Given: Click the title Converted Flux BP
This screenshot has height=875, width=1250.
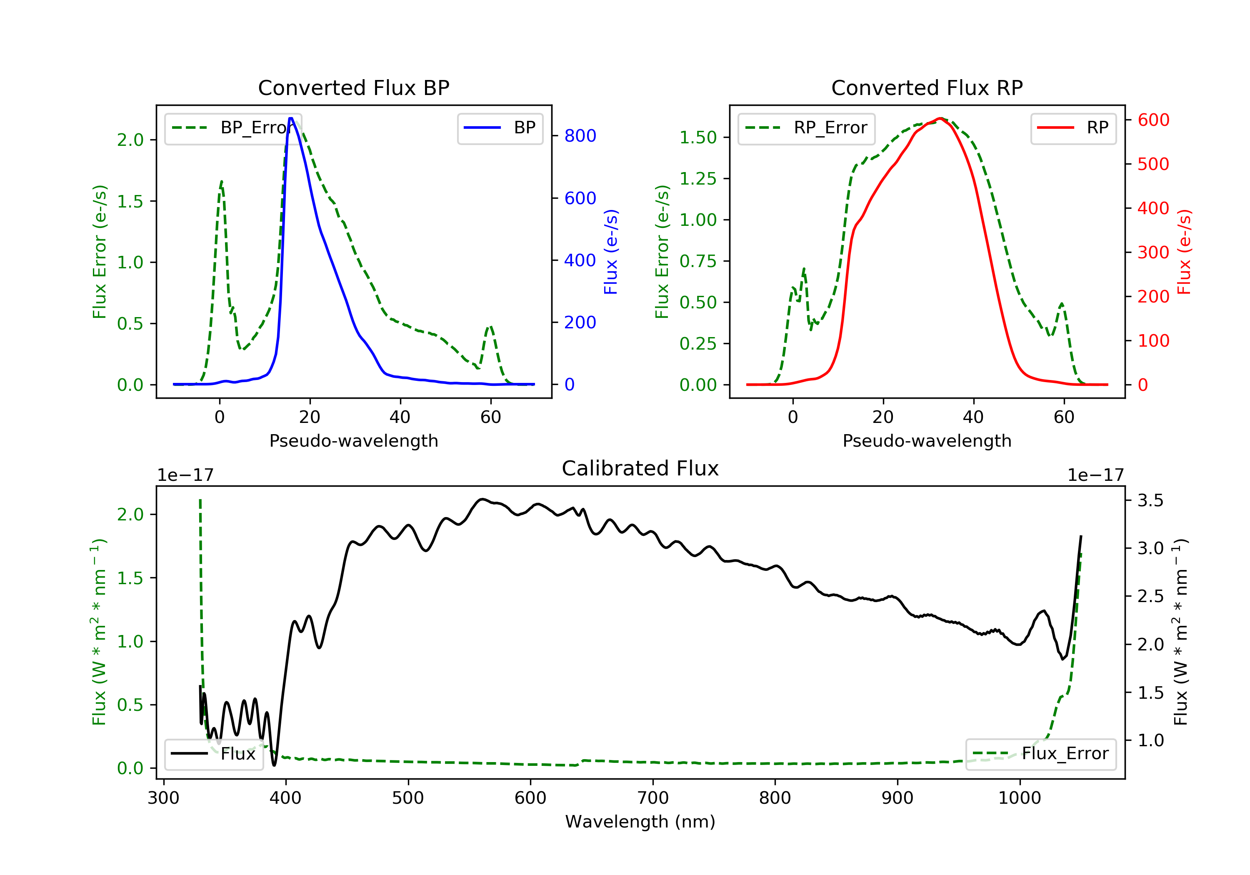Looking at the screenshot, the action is [x=354, y=87].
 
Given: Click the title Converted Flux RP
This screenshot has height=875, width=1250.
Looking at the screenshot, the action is [x=927, y=87].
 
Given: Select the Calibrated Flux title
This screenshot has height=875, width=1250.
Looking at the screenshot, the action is [x=640, y=468].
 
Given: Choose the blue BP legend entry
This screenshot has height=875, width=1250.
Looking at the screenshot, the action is [x=500, y=128].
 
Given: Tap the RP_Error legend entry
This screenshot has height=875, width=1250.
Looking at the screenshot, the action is [x=806, y=128].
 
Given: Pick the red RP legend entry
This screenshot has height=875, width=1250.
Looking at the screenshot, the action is [x=1073, y=128].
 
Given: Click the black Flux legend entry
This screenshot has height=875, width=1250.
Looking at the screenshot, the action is [x=213, y=754].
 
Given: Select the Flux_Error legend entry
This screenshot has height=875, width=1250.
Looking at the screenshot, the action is [x=1040, y=754].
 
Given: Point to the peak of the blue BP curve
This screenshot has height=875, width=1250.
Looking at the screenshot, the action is [x=291, y=118].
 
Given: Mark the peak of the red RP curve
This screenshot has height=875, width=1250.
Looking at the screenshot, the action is [x=940, y=118].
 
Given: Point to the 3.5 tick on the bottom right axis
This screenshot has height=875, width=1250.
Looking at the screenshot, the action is [x=1150, y=500].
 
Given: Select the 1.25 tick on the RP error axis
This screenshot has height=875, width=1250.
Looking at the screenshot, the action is [x=698, y=179].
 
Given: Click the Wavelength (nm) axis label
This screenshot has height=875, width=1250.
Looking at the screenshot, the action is [x=640, y=822].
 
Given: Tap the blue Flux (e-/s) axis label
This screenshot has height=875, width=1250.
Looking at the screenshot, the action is [x=611, y=252].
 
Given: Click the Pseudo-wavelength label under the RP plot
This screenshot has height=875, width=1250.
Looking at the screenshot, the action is [x=927, y=440].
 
